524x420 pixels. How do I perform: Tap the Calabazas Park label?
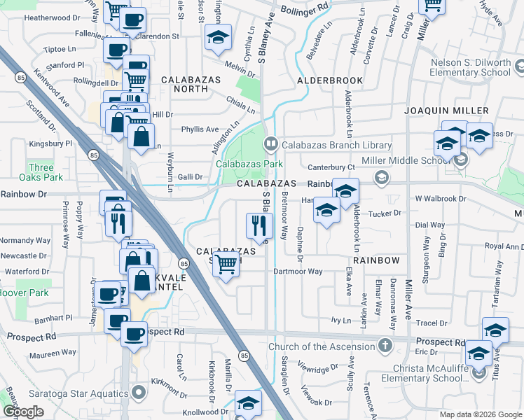point(249,164)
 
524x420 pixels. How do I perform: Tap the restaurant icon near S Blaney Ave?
point(258,225)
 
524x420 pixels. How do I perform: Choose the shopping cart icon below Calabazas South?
point(226,264)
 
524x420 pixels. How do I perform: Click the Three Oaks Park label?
point(41,172)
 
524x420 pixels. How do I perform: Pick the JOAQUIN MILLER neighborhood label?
point(446,111)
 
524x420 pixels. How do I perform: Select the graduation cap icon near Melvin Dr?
point(218,38)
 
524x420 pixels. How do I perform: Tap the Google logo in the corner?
point(23,412)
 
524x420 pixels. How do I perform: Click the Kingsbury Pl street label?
point(51,143)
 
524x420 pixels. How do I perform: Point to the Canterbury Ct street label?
point(332,167)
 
